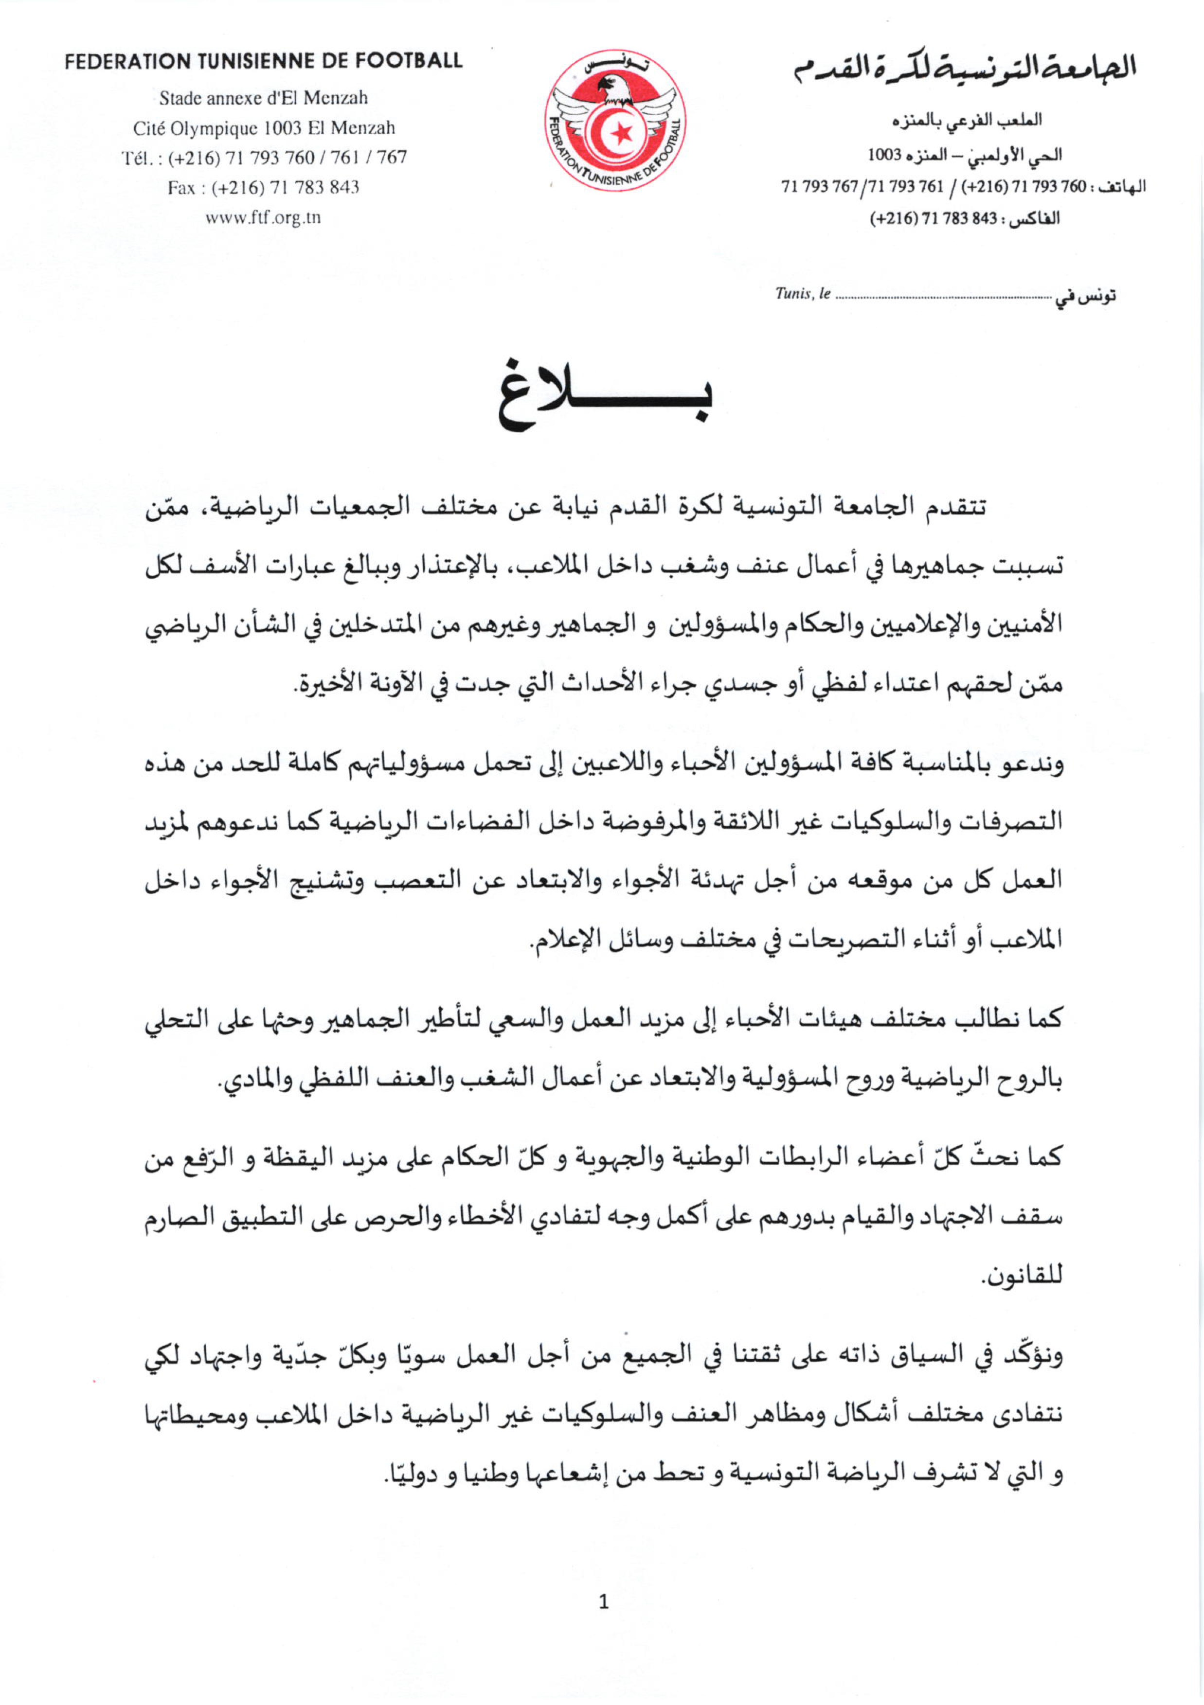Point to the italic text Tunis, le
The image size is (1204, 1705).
click(x=802, y=294)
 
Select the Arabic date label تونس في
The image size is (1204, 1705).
click(x=1086, y=296)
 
